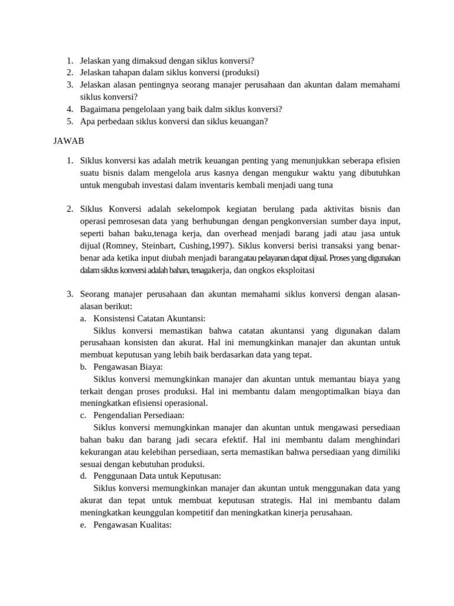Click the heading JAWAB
point(69,141)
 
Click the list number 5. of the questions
point(69,121)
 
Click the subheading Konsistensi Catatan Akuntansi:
point(149,318)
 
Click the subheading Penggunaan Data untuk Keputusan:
point(157,476)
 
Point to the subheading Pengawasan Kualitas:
point(132,524)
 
